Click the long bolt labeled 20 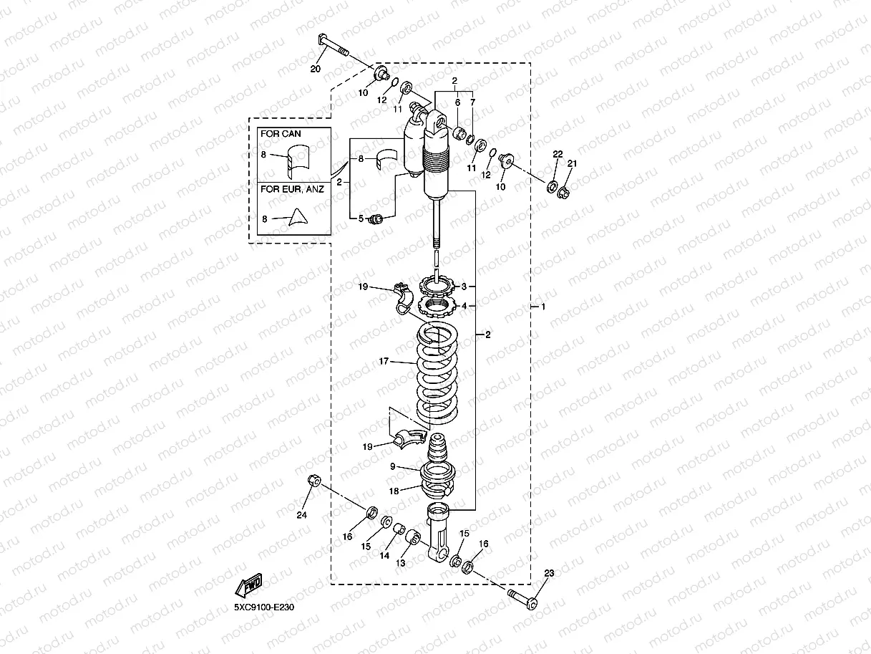pos(331,48)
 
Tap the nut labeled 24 pos(313,481)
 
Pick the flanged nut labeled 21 pos(564,191)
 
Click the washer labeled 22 pos(553,188)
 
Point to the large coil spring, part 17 pos(437,372)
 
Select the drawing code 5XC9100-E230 pos(264,607)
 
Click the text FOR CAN pos(281,134)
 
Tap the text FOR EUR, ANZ pos(291,190)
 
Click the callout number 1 pos(543,307)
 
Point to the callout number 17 pos(384,362)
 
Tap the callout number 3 pos(464,287)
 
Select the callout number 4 pos(464,306)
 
